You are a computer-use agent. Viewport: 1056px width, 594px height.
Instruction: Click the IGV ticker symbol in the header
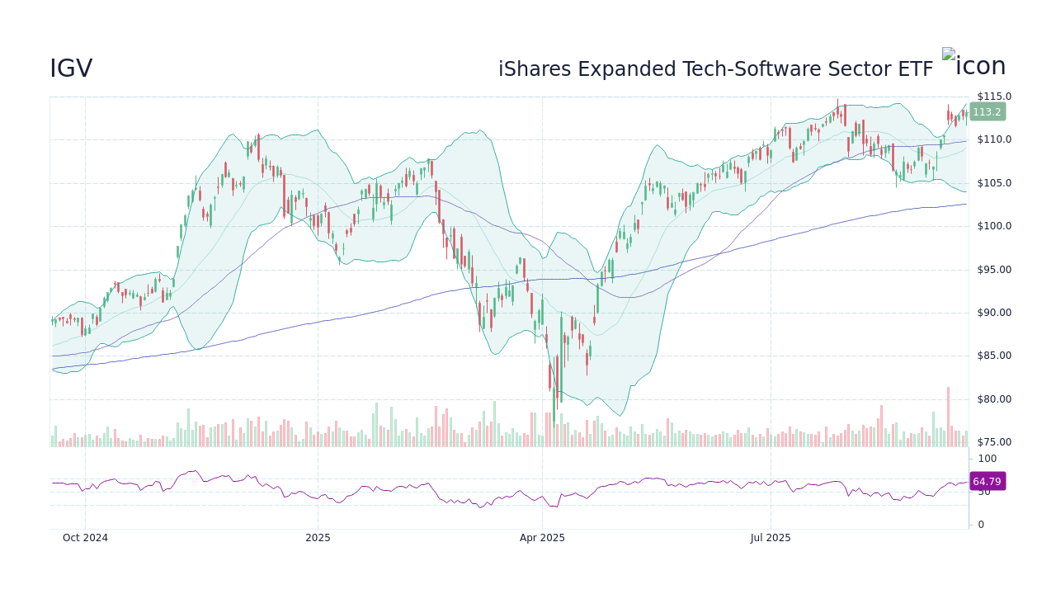(x=71, y=69)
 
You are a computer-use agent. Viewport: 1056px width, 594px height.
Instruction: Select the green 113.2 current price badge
(x=987, y=112)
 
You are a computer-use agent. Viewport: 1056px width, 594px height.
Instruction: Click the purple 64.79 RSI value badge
(x=987, y=482)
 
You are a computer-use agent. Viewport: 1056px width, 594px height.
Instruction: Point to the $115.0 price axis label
(x=994, y=97)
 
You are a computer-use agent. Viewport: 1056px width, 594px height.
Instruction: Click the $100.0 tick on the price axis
(x=994, y=226)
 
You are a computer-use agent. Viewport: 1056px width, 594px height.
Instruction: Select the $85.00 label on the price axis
(x=994, y=356)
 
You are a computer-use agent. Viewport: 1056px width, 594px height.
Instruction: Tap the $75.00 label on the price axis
(x=994, y=442)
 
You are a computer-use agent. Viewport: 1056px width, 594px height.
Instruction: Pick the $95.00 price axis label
(x=994, y=270)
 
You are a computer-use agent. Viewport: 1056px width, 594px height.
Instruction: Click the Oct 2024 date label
(x=85, y=538)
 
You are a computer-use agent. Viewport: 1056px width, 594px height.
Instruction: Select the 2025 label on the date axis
(x=318, y=538)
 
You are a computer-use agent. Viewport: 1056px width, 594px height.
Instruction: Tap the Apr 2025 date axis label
(x=542, y=538)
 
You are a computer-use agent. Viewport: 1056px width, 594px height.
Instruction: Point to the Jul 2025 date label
(x=771, y=538)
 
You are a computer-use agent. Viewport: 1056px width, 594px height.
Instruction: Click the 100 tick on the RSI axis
(x=988, y=459)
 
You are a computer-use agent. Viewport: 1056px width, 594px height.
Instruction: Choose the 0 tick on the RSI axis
(x=981, y=525)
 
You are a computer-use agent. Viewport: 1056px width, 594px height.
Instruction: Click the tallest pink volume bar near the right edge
(x=948, y=417)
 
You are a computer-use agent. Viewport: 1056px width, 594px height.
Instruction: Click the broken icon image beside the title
(x=949, y=54)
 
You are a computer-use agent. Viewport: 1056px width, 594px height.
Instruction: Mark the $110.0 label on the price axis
(x=994, y=139)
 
